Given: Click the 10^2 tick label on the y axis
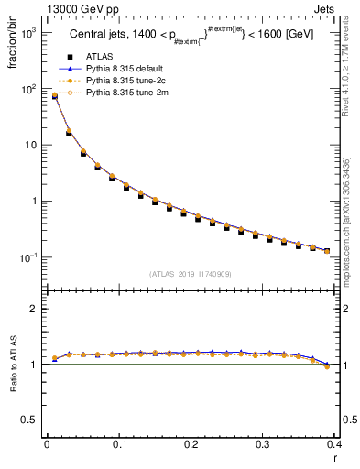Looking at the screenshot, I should tap(27, 89).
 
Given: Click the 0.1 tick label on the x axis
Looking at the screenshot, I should tap(119, 443).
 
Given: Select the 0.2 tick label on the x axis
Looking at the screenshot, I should tap(191, 443).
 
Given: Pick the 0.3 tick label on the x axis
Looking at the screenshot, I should tap(263, 443).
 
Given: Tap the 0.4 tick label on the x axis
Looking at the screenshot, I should tap(334, 443).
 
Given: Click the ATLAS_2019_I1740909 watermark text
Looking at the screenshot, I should tap(190, 274).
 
